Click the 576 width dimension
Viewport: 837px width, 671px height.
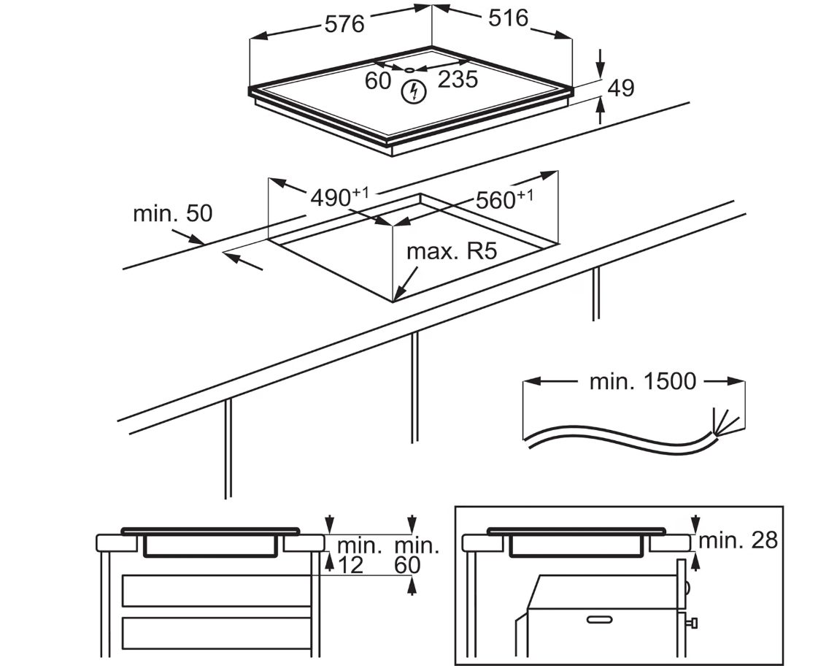coord(344,23)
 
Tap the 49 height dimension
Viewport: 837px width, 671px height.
coord(621,88)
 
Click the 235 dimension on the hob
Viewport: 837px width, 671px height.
coord(458,79)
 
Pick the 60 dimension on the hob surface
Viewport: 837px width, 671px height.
coord(378,80)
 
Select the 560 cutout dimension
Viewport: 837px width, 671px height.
coord(504,199)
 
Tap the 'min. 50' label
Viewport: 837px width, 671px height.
coord(172,213)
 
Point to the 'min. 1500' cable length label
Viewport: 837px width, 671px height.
coord(643,381)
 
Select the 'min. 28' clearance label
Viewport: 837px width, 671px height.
coord(738,540)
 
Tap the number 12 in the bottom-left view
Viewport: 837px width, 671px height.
coord(351,564)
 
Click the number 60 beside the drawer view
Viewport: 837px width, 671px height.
coord(407,564)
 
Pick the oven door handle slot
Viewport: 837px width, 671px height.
coord(601,619)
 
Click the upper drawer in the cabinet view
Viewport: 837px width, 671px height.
coord(216,591)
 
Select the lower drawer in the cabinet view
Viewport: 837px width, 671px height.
coord(216,632)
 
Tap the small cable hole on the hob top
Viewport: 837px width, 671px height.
coord(409,69)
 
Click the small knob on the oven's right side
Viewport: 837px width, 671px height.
coord(691,622)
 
